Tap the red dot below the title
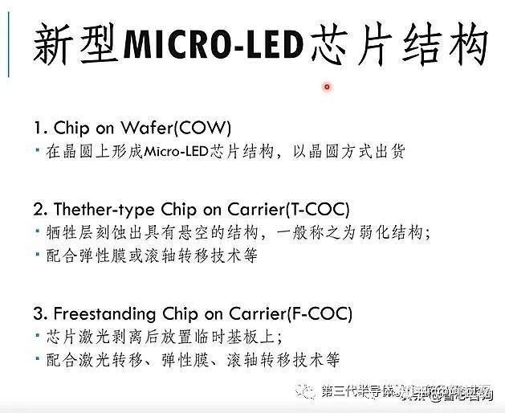[327, 87]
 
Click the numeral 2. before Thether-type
[41, 210]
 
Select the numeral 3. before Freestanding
[41, 313]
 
